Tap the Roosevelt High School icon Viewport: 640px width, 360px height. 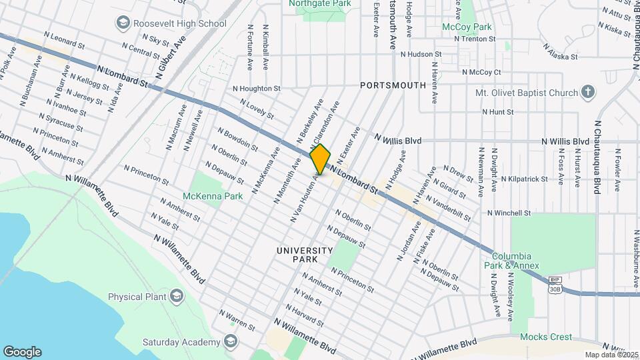(123, 23)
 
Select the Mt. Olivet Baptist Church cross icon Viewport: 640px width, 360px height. (587, 91)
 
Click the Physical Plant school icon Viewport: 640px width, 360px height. (176, 295)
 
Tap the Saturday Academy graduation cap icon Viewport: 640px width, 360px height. (230, 341)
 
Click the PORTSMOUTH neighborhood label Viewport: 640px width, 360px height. (393, 85)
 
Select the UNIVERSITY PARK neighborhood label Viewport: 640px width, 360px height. (305, 254)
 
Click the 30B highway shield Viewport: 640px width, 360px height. (555, 289)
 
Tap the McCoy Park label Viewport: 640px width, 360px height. (467, 27)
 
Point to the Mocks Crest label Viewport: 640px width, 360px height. (546, 337)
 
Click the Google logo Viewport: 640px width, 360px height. (22, 351)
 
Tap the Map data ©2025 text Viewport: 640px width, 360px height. (611, 355)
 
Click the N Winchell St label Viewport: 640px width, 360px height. (508, 213)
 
